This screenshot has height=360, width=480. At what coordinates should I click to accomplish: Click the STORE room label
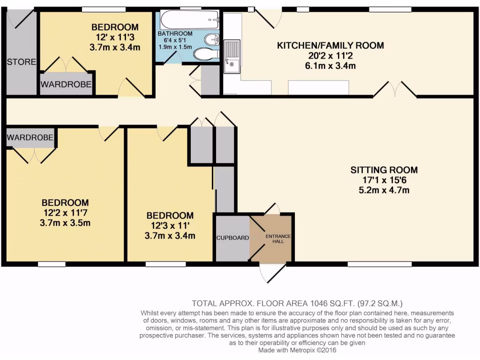click(x=21, y=62)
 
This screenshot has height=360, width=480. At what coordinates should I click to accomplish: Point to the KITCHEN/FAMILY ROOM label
click(x=330, y=45)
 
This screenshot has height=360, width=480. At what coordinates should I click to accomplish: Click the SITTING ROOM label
click(x=384, y=170)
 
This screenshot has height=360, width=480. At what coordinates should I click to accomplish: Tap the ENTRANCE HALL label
click(x=278, y=238)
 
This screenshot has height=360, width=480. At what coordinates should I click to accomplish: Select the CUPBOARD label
click(x=232, y=238)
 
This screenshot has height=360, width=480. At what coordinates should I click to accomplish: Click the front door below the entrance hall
click(x=272, y=272)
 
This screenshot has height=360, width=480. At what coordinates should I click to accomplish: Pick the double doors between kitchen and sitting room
click(x=395, y=90)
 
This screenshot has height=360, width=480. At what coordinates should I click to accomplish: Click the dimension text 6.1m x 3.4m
click(x=330, y=66)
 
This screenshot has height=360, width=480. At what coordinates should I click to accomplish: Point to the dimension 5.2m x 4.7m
click(x=384, y=190)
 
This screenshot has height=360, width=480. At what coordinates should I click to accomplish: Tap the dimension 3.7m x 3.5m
click(x=65, y=223)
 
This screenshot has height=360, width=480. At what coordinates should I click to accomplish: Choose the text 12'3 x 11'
click(x=170, y=225)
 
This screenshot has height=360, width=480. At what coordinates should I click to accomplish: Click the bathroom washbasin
click(x=212, y=38)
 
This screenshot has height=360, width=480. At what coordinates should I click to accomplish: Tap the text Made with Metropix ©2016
click(x=297, y=350)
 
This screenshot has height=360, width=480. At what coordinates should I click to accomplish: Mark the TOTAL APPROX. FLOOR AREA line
click(x=297, y=303)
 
